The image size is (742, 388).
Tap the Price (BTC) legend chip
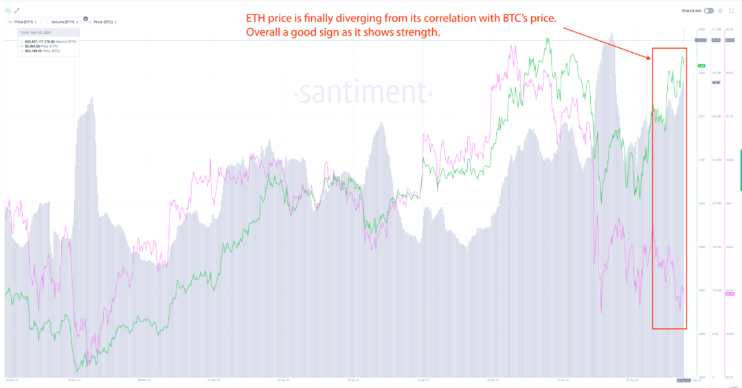(101, 22)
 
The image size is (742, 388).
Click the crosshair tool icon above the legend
(8, 11)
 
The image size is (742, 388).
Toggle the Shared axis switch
(708, 11)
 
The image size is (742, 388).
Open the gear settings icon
(720, 11)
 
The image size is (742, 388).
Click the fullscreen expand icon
(731, 11)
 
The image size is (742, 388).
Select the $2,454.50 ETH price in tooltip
(43, 47)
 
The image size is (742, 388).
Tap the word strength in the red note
(415, 32)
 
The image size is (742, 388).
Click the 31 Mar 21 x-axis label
(214, 379)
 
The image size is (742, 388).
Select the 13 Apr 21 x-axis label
(424, 379)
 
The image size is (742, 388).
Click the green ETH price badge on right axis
(701, 66)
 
